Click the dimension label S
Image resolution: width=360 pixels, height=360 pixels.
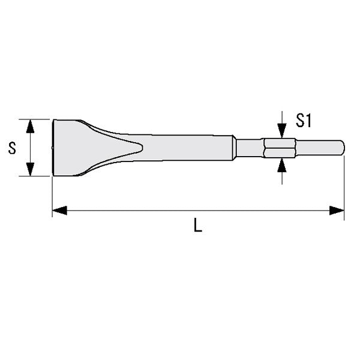point(11,148)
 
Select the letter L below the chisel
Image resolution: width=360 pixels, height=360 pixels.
point(197,227)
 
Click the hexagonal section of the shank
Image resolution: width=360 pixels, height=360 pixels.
point(280,148)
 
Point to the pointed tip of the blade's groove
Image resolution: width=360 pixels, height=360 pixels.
point(142,147)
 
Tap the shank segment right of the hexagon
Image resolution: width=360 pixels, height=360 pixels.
point(318,148)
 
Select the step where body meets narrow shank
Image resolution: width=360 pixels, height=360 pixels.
point(233,148)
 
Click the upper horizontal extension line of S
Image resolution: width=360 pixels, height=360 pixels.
point(36,119)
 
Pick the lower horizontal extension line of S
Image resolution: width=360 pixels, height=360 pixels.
point(36,176)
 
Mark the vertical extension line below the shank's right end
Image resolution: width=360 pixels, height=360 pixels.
point(344,186)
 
